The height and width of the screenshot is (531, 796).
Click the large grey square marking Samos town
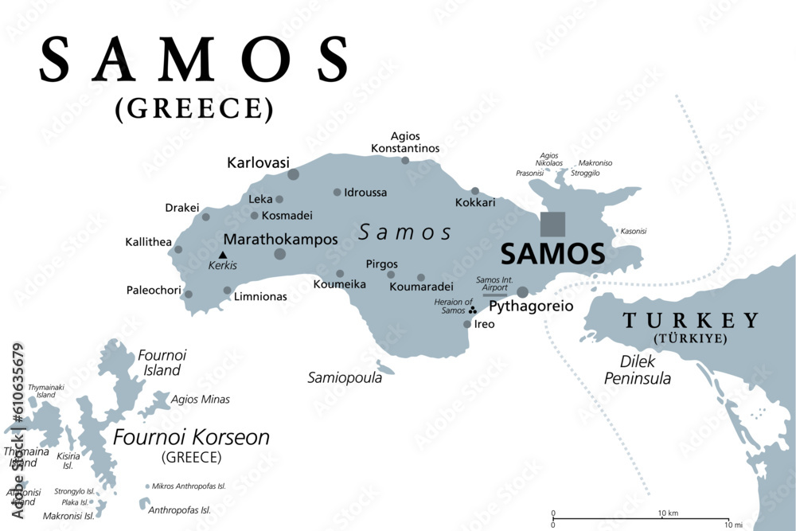pos(553,224)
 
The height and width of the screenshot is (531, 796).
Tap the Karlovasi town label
pos(257,162)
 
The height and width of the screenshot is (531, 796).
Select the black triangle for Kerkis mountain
pos(223,255)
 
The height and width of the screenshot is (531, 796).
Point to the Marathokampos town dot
pos(280,254)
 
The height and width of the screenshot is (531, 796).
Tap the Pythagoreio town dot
pos(523,292)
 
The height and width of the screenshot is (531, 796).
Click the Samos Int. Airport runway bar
pos(494,294)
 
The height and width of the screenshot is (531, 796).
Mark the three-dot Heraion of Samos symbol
pos(472,310)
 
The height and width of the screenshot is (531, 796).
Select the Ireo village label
pos(484,324)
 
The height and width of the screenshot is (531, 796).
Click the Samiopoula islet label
pos(345,378)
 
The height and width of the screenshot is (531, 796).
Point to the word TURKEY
pos(691,321)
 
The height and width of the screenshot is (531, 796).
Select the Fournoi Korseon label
pos(191,437)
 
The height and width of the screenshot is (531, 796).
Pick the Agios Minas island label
pos(200,400)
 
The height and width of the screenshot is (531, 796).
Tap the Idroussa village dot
pos(338,192)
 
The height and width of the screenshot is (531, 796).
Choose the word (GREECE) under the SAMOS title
pos(194,107)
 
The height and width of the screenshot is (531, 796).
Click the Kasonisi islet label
pos(632,231)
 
